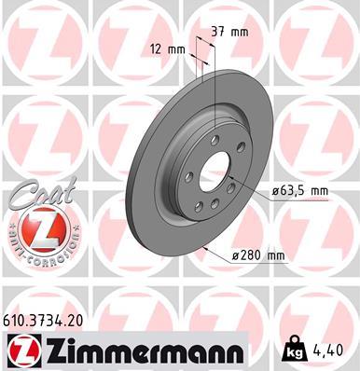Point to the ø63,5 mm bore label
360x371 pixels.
[301, 191]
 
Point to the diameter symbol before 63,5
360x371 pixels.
[277, 191]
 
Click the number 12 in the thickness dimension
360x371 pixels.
[155, 48]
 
